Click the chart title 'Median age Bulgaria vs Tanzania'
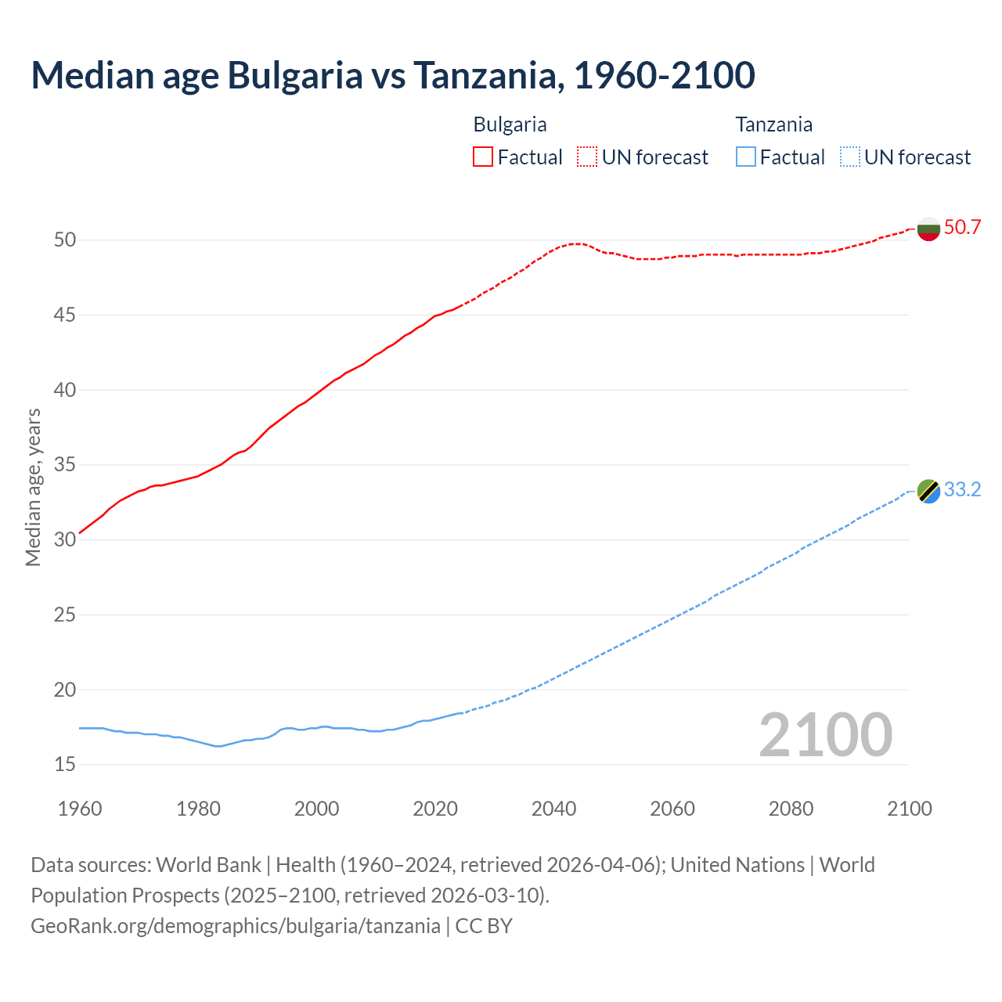tap(392, 75)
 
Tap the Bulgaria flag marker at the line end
tap(928, 229)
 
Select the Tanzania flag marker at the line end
tap(928, 491)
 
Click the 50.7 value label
tap(962, 228)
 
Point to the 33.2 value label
tap(962, 490)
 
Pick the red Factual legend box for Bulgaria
tap(483, 157)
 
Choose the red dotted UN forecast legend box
tap(587, 157)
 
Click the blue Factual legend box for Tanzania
tap(746, 157)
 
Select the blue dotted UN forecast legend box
tap(849, 157)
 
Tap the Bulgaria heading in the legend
tap(510, 124)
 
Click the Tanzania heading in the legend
tap(773, 124)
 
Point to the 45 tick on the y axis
tap(65, 315)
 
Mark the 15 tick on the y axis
tap(65, 765)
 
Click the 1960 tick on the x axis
tap(80, 809)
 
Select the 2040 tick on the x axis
tap(553, 809)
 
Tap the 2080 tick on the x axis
tap(791, 809)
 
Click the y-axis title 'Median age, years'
tap(33, 487)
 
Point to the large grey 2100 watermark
tap(825, 735)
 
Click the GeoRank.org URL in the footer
tap(236, 926)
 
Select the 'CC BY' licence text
tap(484, 926)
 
